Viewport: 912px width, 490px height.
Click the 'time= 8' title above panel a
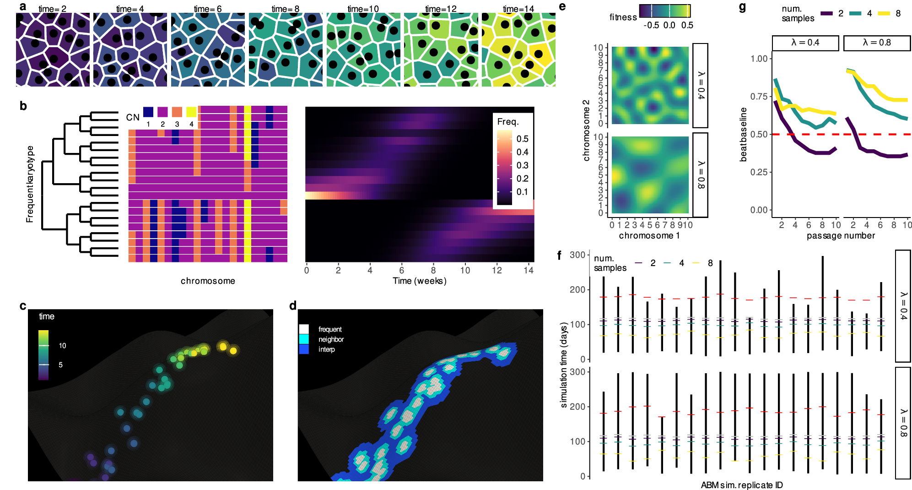[285, 9]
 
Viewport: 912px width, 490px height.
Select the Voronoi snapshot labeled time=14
[518, 49]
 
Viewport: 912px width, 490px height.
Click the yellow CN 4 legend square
[191, 112]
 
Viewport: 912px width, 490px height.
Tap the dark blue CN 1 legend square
[148, 112]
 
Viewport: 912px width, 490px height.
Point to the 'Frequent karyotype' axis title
[30, 184]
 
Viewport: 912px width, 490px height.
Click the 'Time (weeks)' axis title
[419, 281]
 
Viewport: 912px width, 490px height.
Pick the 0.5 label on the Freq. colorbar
[522, 139]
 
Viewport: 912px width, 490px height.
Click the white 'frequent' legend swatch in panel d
[304, 329]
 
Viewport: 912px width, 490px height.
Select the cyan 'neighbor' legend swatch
[304, 339]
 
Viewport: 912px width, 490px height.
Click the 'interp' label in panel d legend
[327, 349]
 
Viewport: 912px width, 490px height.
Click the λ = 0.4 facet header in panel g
[805, 43]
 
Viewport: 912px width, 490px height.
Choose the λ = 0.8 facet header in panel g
[877, 43]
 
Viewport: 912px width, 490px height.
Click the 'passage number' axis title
[841, 235]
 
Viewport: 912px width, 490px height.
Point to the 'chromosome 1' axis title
[649, 235]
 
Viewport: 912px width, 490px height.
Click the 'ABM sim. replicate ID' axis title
[741, 485]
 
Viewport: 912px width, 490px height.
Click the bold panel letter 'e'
[562, 6]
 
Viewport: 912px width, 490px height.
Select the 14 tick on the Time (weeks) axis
[529, 270]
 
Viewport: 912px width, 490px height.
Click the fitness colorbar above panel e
[665, 11]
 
